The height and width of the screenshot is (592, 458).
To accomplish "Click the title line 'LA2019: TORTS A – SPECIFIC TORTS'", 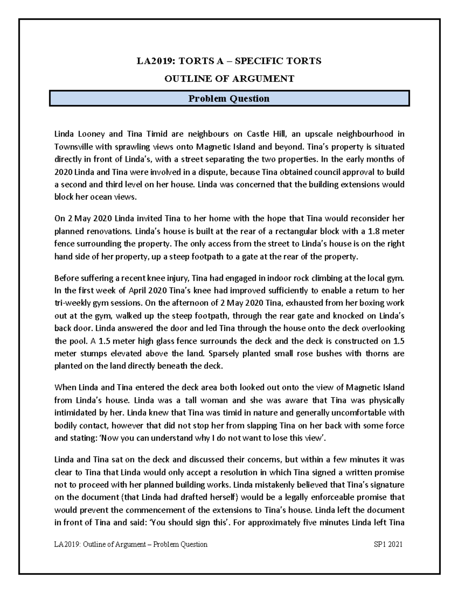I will pyautogui.click(x=229, y=61).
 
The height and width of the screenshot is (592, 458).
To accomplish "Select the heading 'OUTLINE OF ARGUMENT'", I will pyautogui.click(x=229, y=79).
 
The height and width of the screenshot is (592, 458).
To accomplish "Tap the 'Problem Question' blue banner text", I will pyautogui.click(x=229, y=99).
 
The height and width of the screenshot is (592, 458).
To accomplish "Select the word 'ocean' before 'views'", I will pyautogui.click(x=107, y=197).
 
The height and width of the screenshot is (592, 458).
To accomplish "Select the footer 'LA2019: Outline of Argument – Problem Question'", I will pyautogui.click(x=131, y=544).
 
